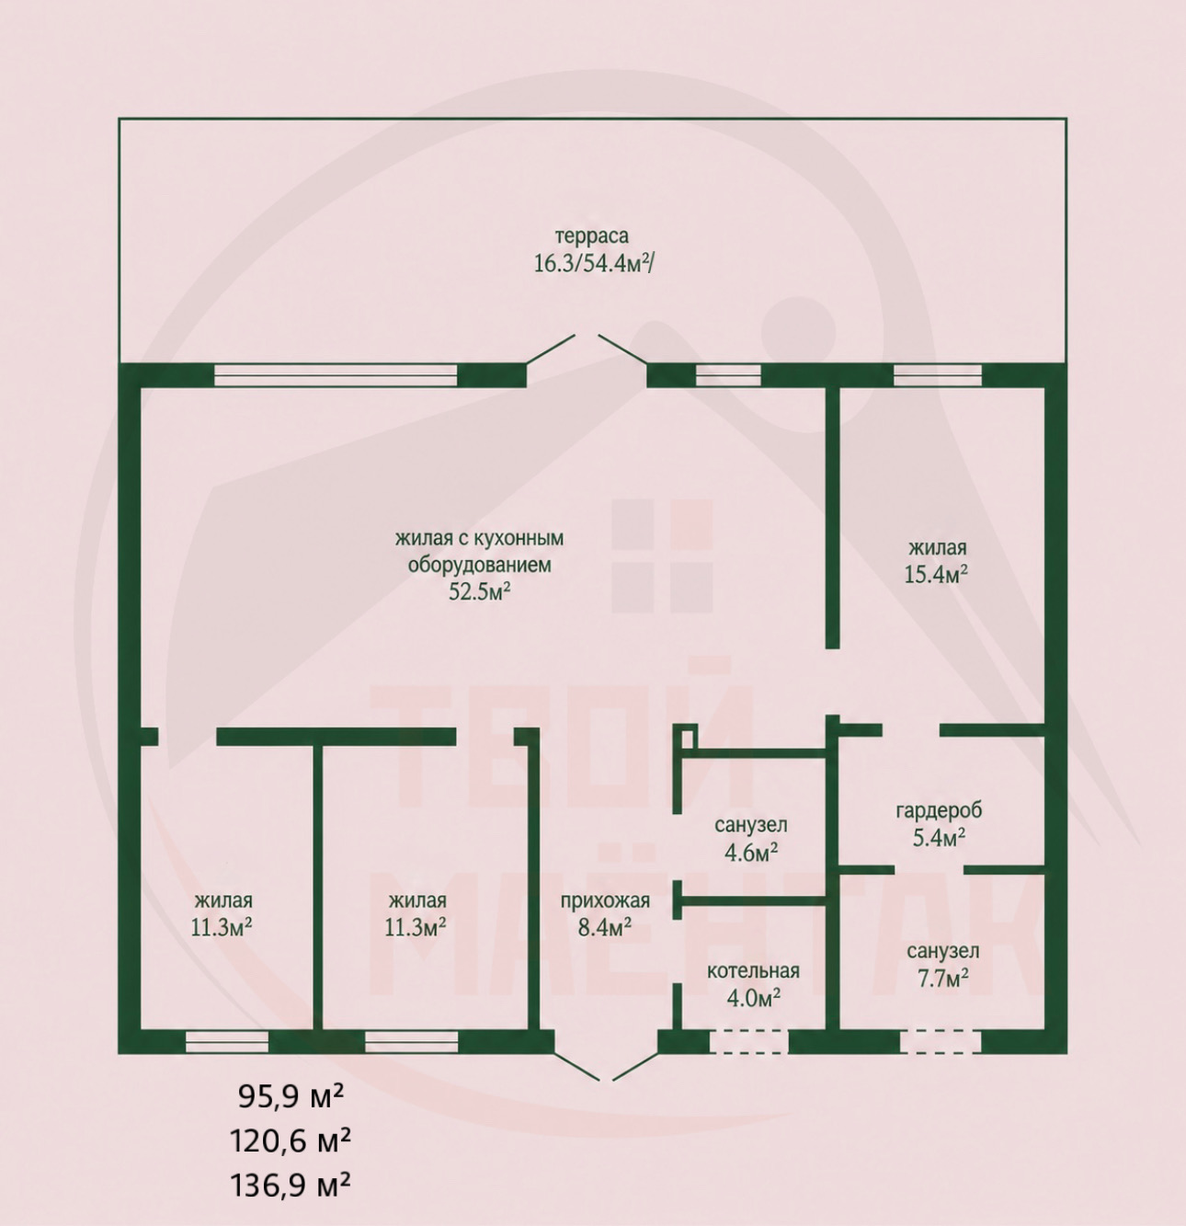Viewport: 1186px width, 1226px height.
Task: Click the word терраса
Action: [x=591, y=237]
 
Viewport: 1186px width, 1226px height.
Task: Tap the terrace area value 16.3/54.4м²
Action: [x=593, y=264]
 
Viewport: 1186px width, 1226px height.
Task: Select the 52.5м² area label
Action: [x=479, y=591]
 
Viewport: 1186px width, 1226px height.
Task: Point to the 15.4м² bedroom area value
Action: [x=936, y=575]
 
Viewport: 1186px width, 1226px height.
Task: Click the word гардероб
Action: [x=939, y=810]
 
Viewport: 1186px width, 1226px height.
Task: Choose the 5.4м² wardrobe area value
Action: [x=939, y=838]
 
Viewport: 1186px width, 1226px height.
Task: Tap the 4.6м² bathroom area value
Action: [x=751, y=853]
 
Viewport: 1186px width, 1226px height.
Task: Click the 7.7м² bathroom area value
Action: [x=941, y=979]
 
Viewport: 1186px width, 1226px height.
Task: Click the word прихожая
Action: [x=605, y=901]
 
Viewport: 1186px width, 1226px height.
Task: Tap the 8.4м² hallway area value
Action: [x=605, y=928]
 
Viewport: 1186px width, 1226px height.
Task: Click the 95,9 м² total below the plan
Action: [x=291, y=1098]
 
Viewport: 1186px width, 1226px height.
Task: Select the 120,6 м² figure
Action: [x=291, y=1140]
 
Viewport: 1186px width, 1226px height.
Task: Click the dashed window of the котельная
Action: [x=749, y=1042]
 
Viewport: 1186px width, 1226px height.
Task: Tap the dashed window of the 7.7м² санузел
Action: [x=941, y=1042]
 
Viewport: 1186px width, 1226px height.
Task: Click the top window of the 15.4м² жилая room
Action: [x=938, y=375]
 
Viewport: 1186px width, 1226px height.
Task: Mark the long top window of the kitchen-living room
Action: [x=336, y=375]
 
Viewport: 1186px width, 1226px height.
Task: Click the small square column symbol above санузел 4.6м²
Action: [x=688, y=737]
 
